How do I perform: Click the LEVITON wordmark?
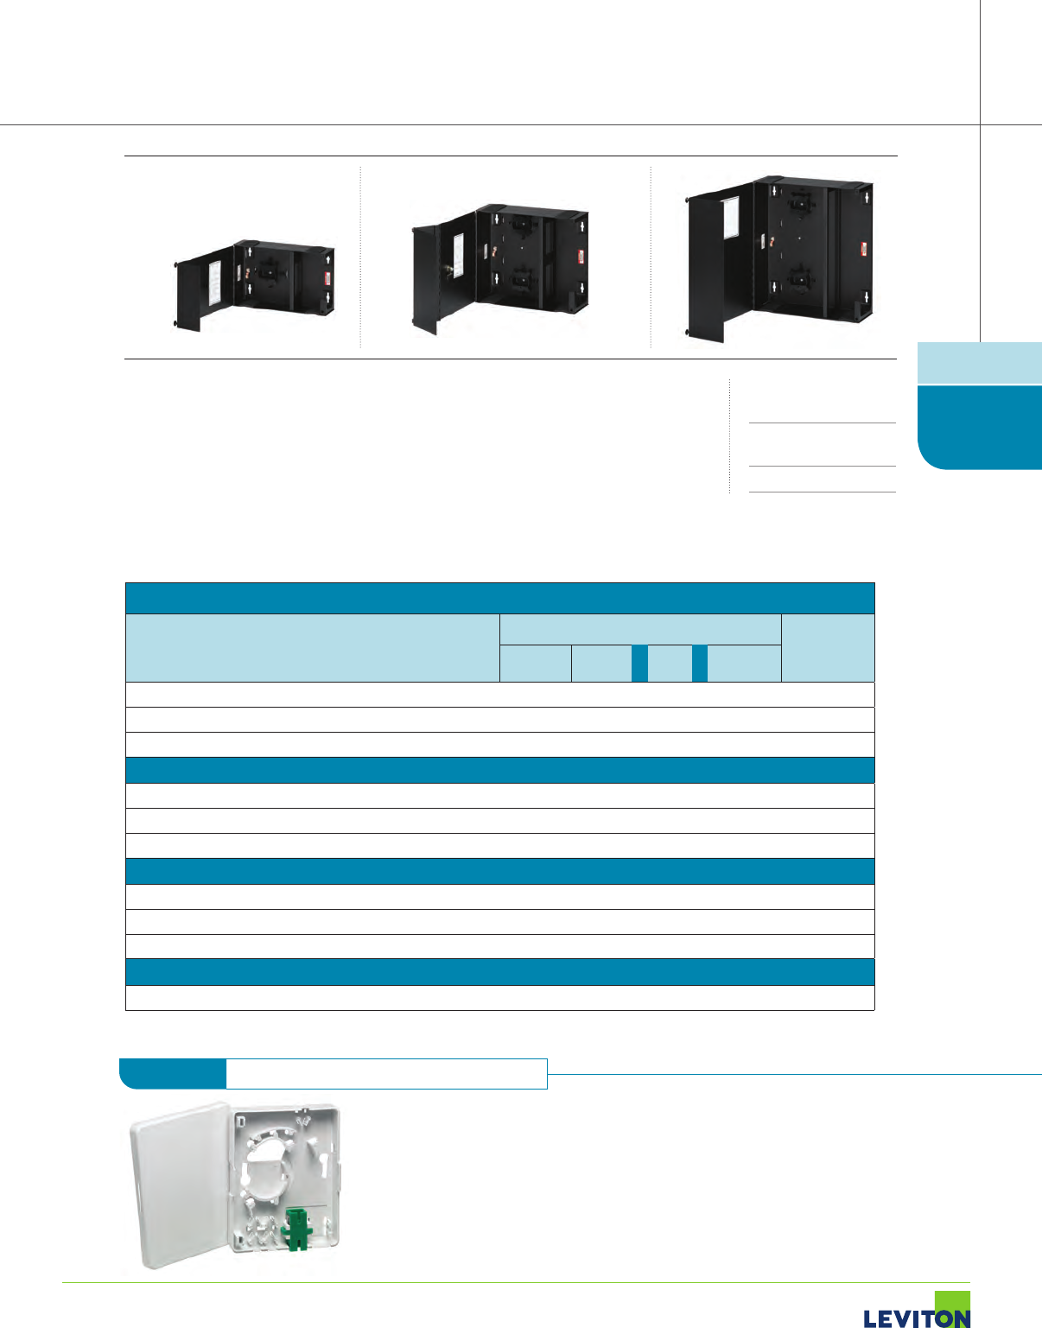[916, 1318]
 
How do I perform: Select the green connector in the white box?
[296, 1229]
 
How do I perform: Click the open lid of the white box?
[180, 1185]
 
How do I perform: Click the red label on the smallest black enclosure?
[327, 278]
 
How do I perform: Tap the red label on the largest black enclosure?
[864, 249]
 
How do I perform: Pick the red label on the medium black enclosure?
[580, 257]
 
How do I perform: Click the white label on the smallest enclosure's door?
[215, 282]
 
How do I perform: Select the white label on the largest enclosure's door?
[728, 216]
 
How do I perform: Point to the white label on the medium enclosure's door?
[459, 250]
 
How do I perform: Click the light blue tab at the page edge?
[979, 363]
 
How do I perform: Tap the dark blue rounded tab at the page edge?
[981, 427]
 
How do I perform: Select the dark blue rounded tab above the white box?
[172, 1073]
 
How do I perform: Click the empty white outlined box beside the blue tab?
[386, 1073]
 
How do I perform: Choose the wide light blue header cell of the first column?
[312, 648]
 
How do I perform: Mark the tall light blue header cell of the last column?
[828, 648]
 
